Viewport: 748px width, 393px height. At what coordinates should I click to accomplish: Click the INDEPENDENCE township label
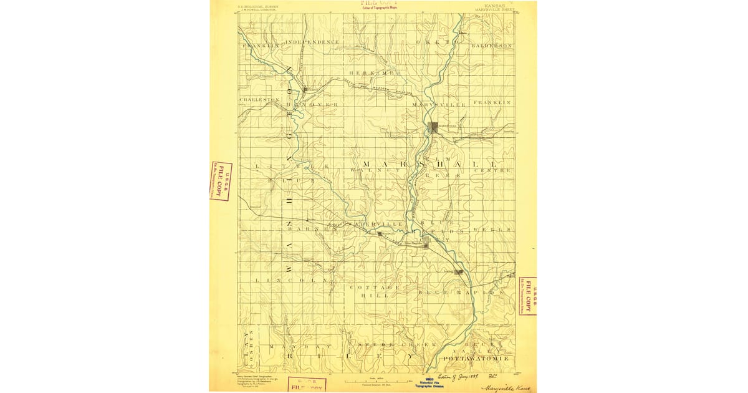[x=312, y=42]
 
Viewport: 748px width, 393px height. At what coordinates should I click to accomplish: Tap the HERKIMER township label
[x=375, y=74]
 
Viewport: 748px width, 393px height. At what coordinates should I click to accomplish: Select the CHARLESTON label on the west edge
[x=259, y=100]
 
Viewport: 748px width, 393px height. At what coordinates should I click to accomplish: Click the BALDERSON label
[x=492, y=46]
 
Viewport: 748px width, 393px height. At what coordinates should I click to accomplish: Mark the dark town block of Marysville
[x=434, y=127]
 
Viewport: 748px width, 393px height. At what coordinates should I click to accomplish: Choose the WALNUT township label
[x=370, y=170]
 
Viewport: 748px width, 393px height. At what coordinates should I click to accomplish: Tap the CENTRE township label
[x=492, y=170]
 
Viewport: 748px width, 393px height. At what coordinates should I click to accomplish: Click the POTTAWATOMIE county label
[x=476, y=359]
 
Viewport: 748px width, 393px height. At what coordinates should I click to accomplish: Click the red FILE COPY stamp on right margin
[x=528, y=296]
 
